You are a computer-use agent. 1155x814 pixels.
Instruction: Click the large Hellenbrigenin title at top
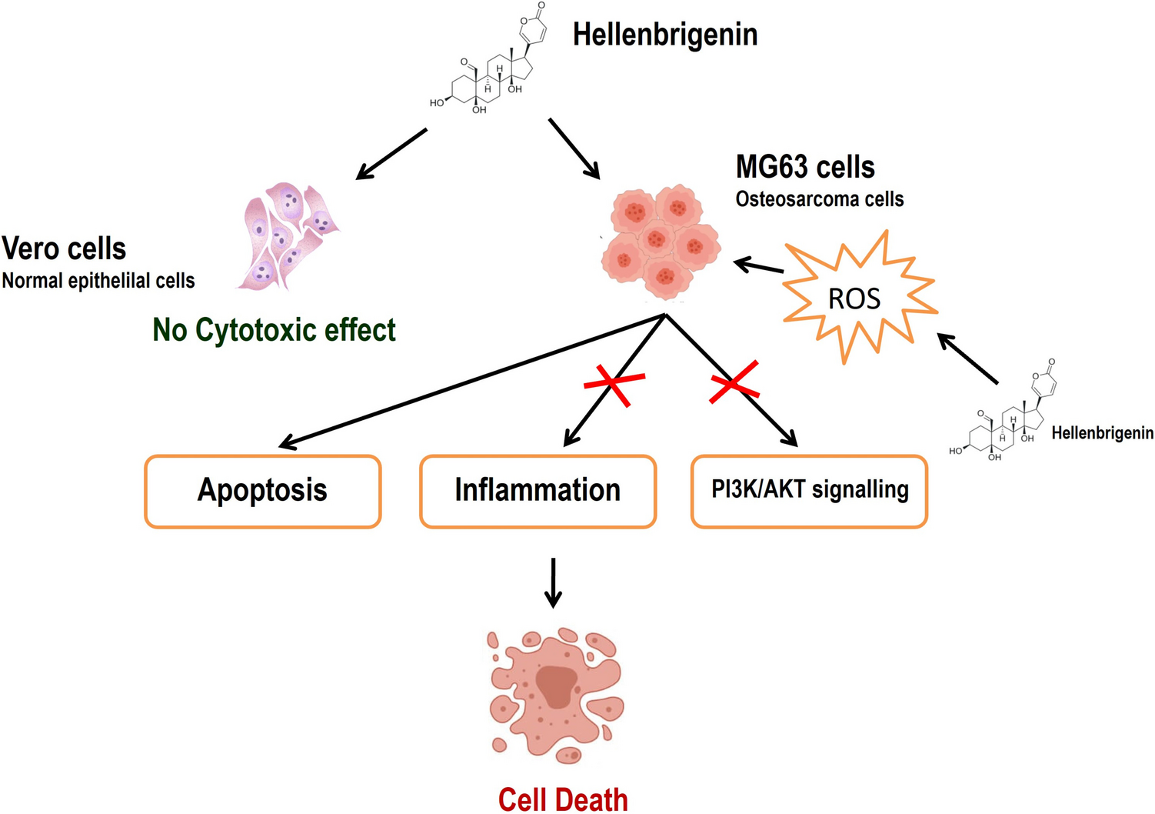pyautogui.click(x=665, y=35)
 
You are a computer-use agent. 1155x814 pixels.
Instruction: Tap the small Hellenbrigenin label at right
pyautogui.click(x=1102, y=433)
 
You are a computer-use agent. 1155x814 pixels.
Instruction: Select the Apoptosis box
pyautogui.click(x=262, y=491)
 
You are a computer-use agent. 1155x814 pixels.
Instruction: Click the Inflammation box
pyautogui.click(x=538, y=491)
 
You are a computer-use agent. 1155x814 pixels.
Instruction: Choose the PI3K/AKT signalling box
pyautogui.click(x=809, y=491)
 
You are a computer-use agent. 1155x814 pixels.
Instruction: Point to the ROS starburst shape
pyautogui.click(x=856, y=299)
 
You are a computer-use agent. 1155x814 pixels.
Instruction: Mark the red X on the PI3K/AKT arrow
pyautogui.click(x=734, y=382)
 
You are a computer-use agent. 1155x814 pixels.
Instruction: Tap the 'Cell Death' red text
pyautogui.click(x=563, y=799)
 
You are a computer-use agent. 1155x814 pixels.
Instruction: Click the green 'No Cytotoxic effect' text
pyautogui.click(x=274, y=330)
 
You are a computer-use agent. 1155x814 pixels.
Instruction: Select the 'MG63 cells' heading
pyautogui.click(x=805, y=167)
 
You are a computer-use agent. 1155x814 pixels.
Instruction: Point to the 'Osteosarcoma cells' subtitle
pyautogui.click(x=819, y=199)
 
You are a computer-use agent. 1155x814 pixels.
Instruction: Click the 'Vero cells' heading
pyautogui.click(x=64, y=249)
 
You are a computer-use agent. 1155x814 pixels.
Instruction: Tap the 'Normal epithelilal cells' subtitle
pyautogui.click(x=98, y=281)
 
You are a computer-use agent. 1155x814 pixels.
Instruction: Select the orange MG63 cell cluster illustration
pyautogui.click(x=660, y=241)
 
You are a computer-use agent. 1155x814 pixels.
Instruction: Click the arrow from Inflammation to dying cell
pyautogui.click(x=553, y=582)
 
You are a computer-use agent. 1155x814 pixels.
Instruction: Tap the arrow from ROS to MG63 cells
pyautogui.click(x=759, y=267)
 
